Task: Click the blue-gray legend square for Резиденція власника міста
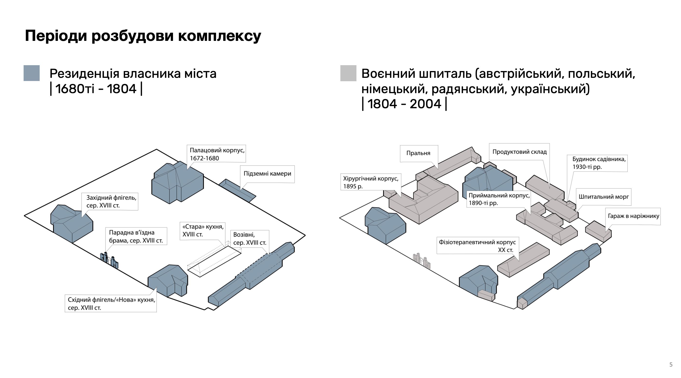pyautogui.click(x=31, y=73)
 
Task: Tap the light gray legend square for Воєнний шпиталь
pyautogui.click(x=348, y=73)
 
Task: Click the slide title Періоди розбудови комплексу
pyautogui.click(x=143, y=36)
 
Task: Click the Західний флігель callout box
pyautogui.click(x=111, y=201)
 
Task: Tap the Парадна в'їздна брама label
pyautogui.click(x=136, y=236)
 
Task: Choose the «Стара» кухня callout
pyautogui.click(x=203, y=231)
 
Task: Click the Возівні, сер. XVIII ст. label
pyautogui.click(x=250, y=238)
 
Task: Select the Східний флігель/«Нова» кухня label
pyautogui.click(x=111, y=304)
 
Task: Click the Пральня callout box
pyautogui.click(x=418, y=153)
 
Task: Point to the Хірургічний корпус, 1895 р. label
pyautogui.click(x=371, y=182)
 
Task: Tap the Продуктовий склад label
pyautogui.click(x=519, y=152)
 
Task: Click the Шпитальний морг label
pyautogui.click(x=604, y=197)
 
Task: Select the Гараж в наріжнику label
pyautogui.click(x=633, y=216)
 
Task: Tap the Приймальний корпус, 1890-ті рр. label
pyautogui.click(x=499, y=199)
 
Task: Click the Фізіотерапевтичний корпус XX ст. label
pyautogui.click(x=477, y=246)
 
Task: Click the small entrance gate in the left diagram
pyautogui.click(x=109, y=260)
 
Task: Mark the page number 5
pyautogui.click(x=671, y=365)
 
